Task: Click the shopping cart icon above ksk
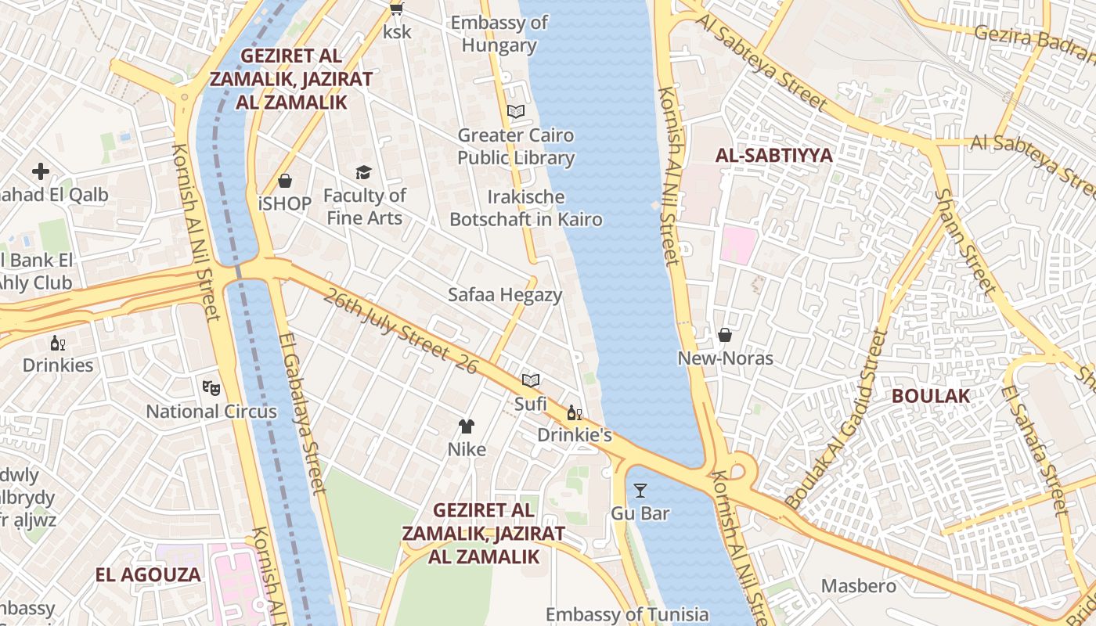(x=397, y=9)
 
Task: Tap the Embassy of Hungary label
(x=499, y=34)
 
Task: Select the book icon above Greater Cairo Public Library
(x=515, y=112)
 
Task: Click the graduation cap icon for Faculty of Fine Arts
(x=363, y=172)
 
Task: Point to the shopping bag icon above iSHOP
(x=285, y=181)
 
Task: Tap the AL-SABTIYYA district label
(x=773, y=155)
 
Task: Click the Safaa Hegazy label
(x=505, y=295)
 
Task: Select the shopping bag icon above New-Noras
(x=725, y=335)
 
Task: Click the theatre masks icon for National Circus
(x=211, y=387)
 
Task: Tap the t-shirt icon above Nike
(x=467, y=426)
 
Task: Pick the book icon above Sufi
(x=531, y=380)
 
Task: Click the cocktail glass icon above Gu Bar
(x=640, y=491)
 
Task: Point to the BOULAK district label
(x=931, y=396)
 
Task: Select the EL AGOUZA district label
(x=148, y=575)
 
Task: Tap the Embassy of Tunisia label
(x=626, y=615)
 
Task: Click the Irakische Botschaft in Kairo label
(x=526, y=207)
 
